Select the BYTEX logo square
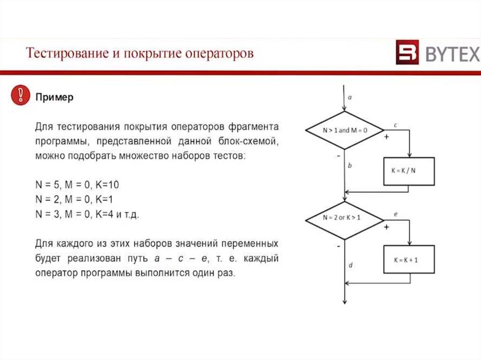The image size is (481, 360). coord(407,54)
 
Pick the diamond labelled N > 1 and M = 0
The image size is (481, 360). coord(345,130)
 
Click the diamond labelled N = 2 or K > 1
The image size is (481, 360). coord(345,219)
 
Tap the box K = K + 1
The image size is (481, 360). coord(409,259)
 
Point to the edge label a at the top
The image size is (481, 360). coord(350,98)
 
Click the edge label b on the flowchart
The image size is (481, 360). coord(350,165)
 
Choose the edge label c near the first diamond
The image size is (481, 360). coord(396,125)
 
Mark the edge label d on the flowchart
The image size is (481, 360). coord(350,266)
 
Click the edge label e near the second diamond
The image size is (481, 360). coord(396,214)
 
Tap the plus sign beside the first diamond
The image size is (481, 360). coord(387,137)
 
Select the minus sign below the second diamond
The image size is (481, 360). coord(338,245)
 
